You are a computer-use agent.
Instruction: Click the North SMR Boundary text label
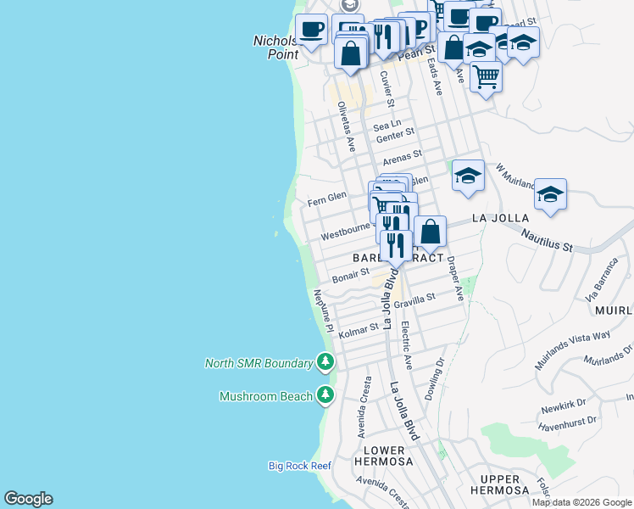pyautogui.click(x=259, y=363)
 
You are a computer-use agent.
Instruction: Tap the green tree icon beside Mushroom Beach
pyautogui.click(x=325, y=395)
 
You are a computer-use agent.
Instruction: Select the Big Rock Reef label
pyautogui.click(x=299, y=465)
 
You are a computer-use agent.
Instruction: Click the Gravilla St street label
pyautogui.click(x=414, y=299)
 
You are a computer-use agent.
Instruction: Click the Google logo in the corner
pyautogui.click(x=28, y=499)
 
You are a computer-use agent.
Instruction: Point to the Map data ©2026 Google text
pyautogui.click(x=581, y=502)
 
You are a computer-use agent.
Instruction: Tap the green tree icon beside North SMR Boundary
pyautogui.click(x=325, y=363)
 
